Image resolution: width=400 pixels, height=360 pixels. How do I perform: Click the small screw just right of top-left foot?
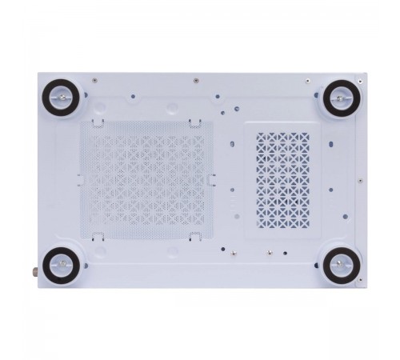click(x=94, y=81)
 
